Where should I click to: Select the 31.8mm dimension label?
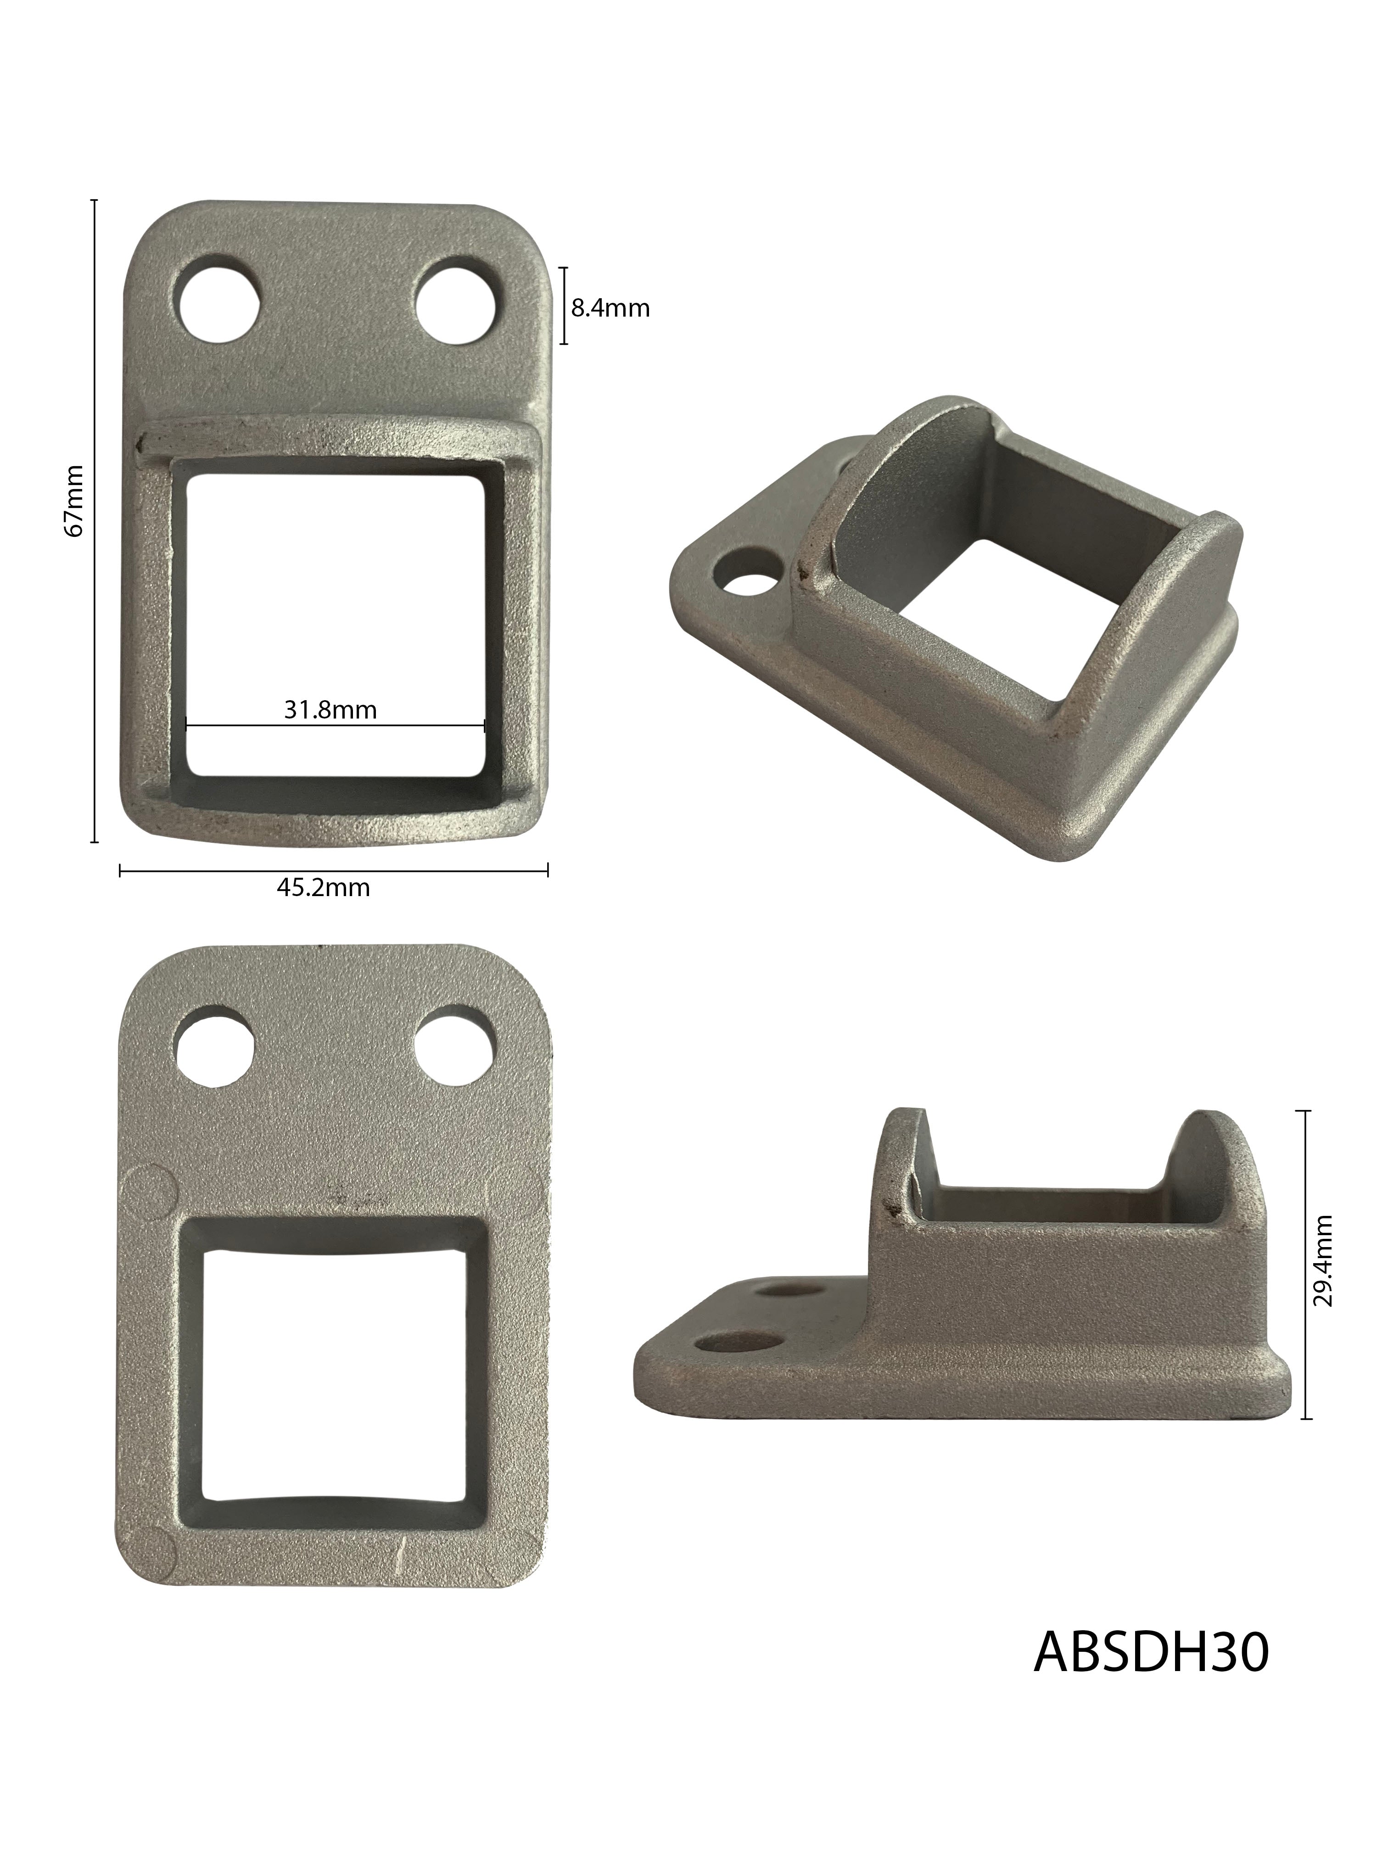[x=330, y=710]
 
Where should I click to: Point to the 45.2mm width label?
[x=323, y=887]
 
